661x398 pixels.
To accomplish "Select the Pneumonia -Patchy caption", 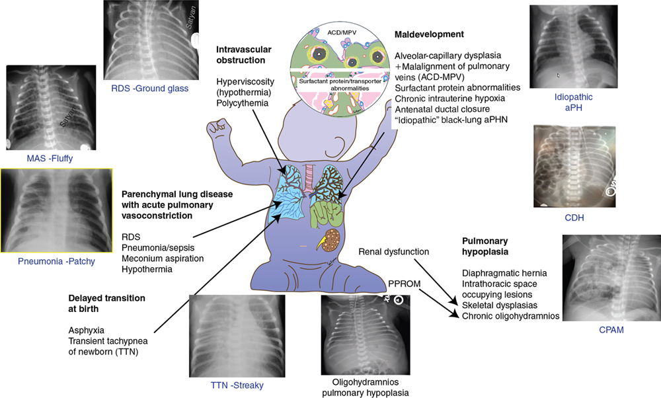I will [x=56, y=261].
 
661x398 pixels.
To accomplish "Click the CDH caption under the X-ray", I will [x=573, y=218].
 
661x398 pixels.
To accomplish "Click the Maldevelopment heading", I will [x=429, y=34].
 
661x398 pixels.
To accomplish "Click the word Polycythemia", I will [x=242, y=104].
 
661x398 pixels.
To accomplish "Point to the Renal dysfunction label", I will [x=394, y=252].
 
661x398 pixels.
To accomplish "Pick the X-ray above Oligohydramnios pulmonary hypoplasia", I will [x=362, y=335].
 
